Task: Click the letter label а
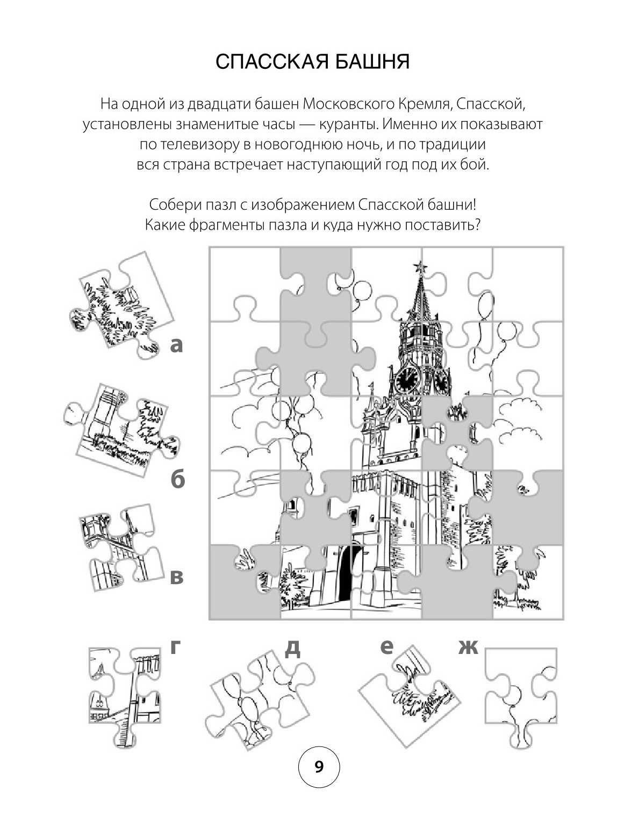(x=176, y=345)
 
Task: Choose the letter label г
(x=175, y=646)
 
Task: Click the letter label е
(x=386, y=647)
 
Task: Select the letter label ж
(x=468, y=647)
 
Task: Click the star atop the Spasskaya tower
(x=420, y=267)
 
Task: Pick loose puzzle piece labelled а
(x=120, y=305)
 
